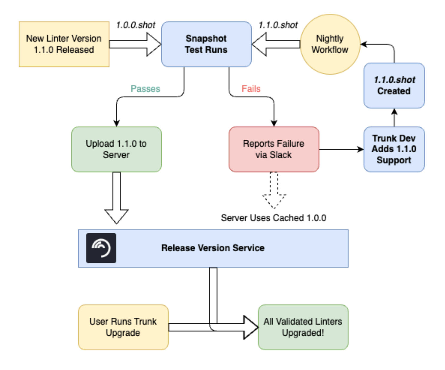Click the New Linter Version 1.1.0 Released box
click(x=64, y=44)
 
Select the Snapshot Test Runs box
click(x=206, y=44)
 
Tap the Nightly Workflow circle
click(x=330, y=44)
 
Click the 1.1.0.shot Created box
click(x=394, y=86)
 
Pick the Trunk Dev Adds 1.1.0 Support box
click(x=394, y=149)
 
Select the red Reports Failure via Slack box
click(x=273, y=149)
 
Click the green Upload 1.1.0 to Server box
click(x=116, y=149)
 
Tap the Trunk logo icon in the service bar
click(x=101, y=248)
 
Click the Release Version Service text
click(x=213, y=248)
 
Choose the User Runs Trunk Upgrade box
click(x=123, y=327)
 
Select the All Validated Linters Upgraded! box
click(x=303, y=327)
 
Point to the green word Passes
click(x=145, y=89)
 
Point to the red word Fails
click(x=251, y=89)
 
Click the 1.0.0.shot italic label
click(x=136, y=25)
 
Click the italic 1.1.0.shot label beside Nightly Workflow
click(x=278, y=25)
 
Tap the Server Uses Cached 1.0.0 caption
click(x=273, y=218)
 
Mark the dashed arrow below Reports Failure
click(x=274, y=191)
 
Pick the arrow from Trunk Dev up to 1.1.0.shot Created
click(x=394, y=118)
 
